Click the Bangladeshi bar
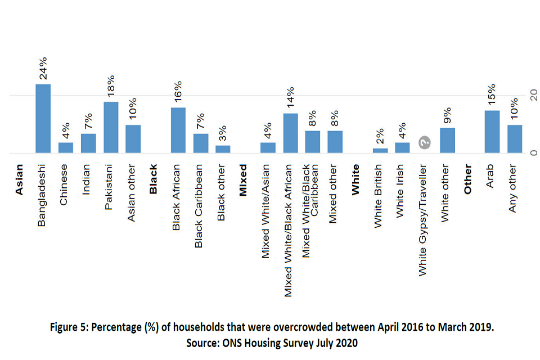coord(43,118)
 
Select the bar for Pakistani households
coord(111,127)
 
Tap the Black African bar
coord(178,130)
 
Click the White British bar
coord(380,150)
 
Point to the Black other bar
coord(223,149)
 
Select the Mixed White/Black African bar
coord(290,133)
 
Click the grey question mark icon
coord(425,143)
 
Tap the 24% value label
coord(43,67)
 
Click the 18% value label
coord(111,86)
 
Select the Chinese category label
coord(65,184)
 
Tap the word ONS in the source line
coord(235,342)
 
